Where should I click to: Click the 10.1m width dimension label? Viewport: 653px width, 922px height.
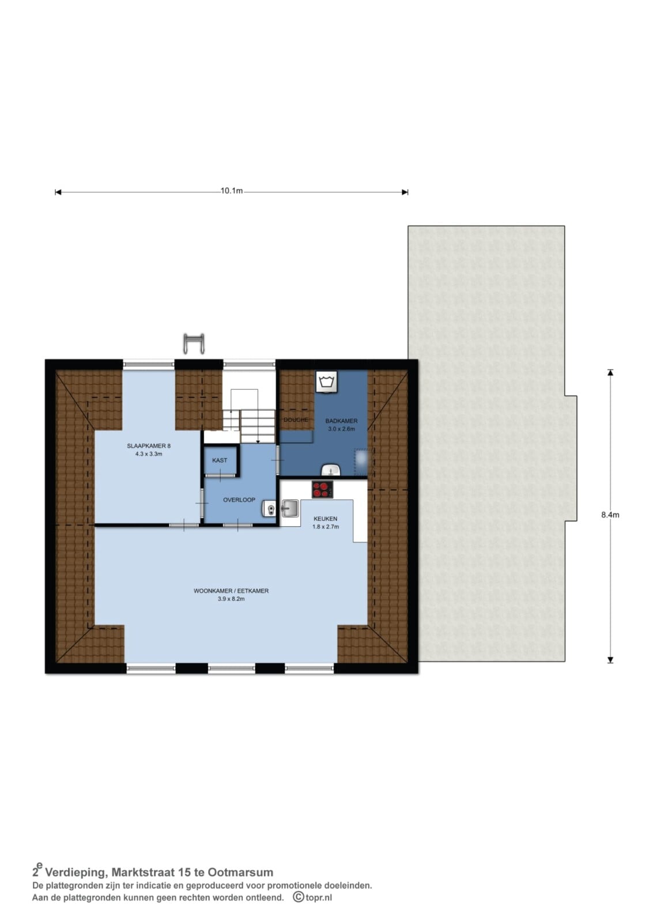pyautogui.click(x=232, y=191)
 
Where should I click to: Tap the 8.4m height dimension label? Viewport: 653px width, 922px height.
pyautogui.click(x=610, y=515)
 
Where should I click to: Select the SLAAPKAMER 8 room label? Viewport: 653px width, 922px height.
pyautogui.click(x=149, y=446)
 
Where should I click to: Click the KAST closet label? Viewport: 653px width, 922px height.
pyautogui.click(x=220, y=460)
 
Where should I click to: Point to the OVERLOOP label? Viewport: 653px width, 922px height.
pyautogui.click(x=239, y=500)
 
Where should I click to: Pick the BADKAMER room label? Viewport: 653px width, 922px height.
pyautogui.click(x=341, y=421)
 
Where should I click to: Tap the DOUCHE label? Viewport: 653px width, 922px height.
pyautogui.click(x=296, y=420)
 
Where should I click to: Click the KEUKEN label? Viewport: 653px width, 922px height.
pyautogui.click(x=325, y=519)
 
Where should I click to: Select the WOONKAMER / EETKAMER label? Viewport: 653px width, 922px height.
pyautogui.click(x=231, y=591)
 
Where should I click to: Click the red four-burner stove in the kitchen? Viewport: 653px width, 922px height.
pyautogui.click(x=322, y=489)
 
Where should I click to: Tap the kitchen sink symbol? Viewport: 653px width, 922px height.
pyautogui.click(x=290, y=509)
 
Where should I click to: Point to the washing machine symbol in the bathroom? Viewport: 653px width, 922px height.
pyautogui.click(x=327, y=381)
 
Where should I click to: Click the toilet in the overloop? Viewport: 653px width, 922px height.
pyautogui.click(x=269, y=510)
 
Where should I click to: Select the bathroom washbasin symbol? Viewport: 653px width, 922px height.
pyautogui.click(x=331, y=470)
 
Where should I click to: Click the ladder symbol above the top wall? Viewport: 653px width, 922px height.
pyautogui.click(x=194, y=343)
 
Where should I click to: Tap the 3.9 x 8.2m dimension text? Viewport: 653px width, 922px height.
pyautogui.click(x=231, y=599)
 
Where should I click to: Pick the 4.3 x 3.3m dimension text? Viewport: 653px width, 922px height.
pyautogui.click(x=149, y=454)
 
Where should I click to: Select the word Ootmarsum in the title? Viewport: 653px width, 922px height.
pyautogui.click(x=240, y=872)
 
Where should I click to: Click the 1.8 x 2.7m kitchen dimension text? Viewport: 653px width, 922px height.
pyautogui.click(x=325, y=527)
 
